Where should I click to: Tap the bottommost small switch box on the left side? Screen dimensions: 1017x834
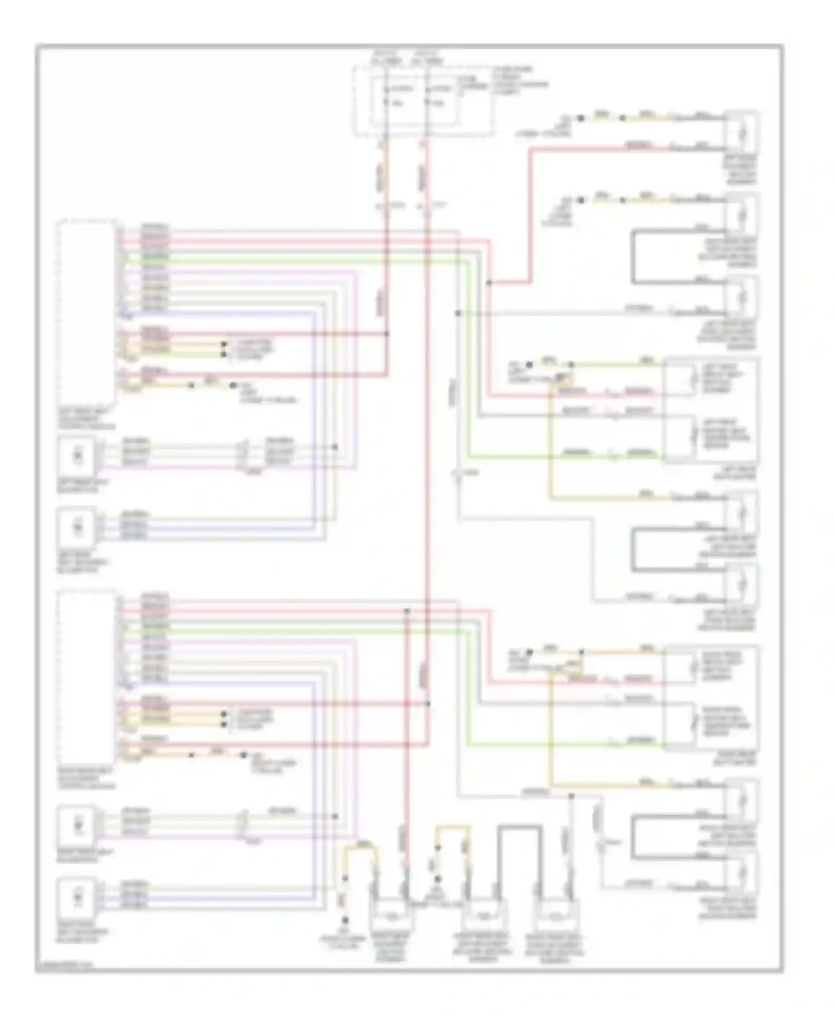click(x=78, y=897)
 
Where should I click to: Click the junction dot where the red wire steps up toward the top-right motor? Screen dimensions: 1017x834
click(x=489, y=283)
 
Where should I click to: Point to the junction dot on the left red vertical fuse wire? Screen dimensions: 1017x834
click(x=386, y=334)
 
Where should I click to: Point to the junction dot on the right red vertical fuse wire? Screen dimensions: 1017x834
click(x=428, y=704)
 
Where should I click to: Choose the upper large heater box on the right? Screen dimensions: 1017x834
click(x=712, y=410)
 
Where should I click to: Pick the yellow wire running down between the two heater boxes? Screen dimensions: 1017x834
click(x=550, y=445)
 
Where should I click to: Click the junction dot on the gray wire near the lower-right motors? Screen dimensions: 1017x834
click(x=571, y=796)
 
